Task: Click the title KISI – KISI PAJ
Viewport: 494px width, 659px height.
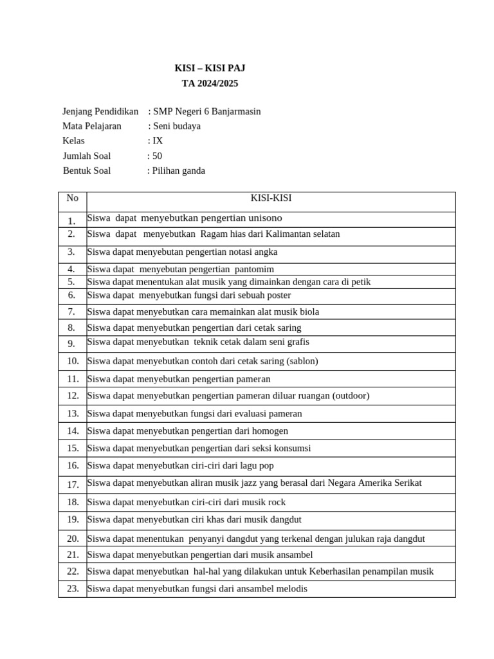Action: tap(210, 68)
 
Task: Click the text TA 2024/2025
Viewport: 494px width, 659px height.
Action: tap(210, 83)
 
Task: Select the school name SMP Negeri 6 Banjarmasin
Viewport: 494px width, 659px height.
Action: tap(206, 111)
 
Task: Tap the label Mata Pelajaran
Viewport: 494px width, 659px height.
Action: tap(92, 126)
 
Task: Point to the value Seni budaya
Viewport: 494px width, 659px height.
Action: tap(176, 126)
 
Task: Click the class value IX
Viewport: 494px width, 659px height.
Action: tap(158, 140)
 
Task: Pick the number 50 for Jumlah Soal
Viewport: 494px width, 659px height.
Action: tap(157, 156)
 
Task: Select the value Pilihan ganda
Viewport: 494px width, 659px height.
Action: tap(179, 171)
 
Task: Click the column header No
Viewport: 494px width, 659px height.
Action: tap(72, 198)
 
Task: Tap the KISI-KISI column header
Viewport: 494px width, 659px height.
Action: tap(271, 198)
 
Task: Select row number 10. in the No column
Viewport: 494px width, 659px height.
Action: tap(73, 361)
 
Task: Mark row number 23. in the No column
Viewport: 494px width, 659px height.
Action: tap(73, 588)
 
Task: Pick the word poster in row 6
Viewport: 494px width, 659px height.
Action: tap(277, 295)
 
